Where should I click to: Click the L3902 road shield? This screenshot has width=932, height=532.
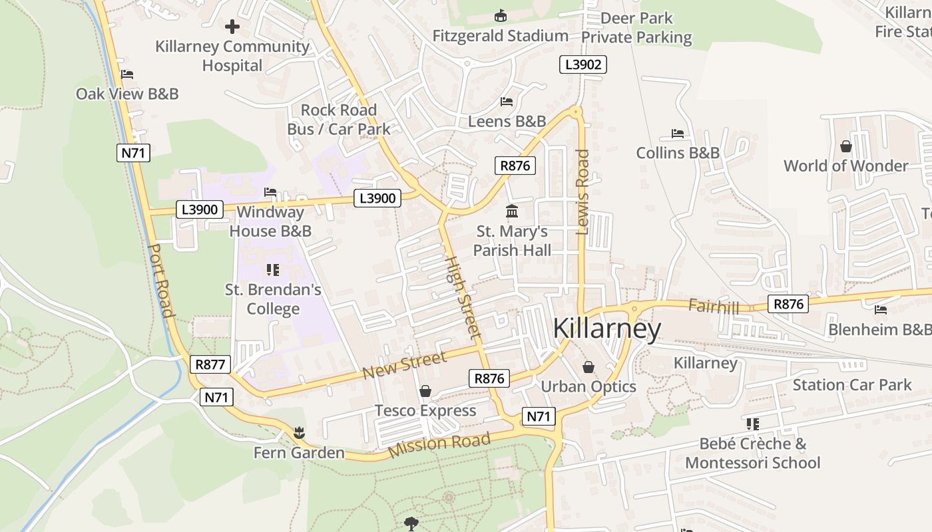tap(583, 65)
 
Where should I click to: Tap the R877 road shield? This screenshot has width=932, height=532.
tap(210, 364)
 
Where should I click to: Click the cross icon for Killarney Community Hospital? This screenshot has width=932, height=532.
tap(232, 27)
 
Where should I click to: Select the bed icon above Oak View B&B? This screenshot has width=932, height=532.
tap(127, 74)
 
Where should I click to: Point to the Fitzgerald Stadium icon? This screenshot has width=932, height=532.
tap(501, 15)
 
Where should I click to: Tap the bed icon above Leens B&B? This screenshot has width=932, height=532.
tap(507, 102)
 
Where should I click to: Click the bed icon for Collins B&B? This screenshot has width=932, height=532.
tap(678, 134)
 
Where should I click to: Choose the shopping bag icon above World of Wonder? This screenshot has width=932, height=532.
tap(845, 146)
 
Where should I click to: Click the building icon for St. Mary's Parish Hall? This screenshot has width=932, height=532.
tap(512, 211)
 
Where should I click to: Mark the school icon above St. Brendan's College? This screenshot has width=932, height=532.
tap(272, 270)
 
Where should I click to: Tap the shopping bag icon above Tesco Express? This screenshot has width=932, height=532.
tap(425, 391)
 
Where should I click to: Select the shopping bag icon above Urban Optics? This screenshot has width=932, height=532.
tap(588, 366)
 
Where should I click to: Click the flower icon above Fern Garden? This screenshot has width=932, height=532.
tap(299, 433)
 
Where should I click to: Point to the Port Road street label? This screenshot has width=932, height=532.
tap(160, 280)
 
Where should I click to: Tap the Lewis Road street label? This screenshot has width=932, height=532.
tap(583, 192)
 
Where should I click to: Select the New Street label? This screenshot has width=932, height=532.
tap(405, 366)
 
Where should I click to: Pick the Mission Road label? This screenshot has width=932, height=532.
tap(439, 444)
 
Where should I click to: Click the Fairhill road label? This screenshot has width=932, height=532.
tap(714, 307)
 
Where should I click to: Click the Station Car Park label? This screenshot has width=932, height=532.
tap(852, 384)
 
